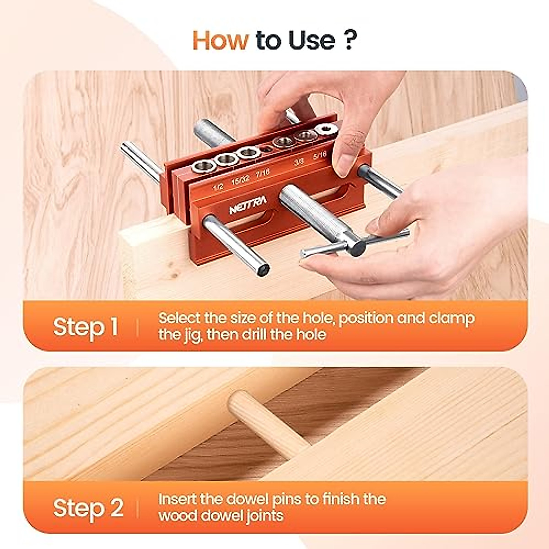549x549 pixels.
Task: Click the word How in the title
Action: (x=220, y=40)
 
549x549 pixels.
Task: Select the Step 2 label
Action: (x=88, y=508)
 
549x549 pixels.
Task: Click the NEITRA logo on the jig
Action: (x=247, y=208)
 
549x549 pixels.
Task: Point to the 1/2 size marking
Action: (x=218, y=187)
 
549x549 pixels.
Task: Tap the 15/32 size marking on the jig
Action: (x=240, y=180)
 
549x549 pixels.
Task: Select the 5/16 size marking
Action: (x=320, y=155)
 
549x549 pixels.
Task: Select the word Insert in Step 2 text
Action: (x=178, y=499)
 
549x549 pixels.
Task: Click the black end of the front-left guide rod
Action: (x=263, y=270)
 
